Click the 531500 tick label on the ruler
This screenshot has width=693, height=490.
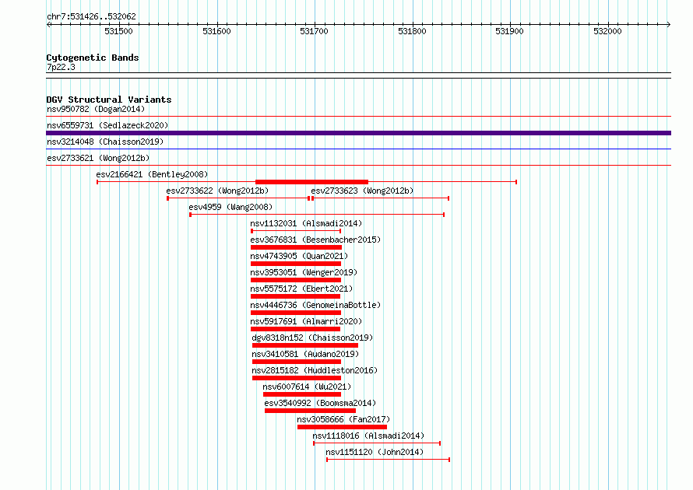(118, 31)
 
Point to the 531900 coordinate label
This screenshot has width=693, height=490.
(509, 31)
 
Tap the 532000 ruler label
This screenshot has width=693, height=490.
(607, 31)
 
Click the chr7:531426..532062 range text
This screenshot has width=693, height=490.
(91, 17)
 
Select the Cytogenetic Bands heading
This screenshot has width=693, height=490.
(93, 58)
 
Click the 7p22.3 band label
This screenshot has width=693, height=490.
(61, 67)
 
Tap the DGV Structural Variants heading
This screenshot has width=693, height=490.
(109, 100)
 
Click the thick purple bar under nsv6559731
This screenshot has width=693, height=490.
(358, 133)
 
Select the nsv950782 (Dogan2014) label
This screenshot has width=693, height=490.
(96, 109)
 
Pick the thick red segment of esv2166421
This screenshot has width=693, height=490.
(312, 182)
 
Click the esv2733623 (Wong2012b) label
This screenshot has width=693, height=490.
(362, 191)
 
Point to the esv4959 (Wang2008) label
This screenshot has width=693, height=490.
(230, 207)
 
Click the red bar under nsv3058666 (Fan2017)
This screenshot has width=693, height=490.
(342, 427)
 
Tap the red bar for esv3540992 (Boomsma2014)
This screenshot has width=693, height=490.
(310, 411)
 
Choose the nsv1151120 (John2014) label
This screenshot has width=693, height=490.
(375, 452)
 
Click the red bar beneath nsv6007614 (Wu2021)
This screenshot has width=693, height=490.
(302, 394)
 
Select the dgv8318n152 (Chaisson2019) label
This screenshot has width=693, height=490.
(312, 338)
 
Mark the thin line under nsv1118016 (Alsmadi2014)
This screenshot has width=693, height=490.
(377, 443)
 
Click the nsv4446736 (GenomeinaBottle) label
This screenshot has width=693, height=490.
(315, 305)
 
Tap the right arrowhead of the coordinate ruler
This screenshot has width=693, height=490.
(669, 25)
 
